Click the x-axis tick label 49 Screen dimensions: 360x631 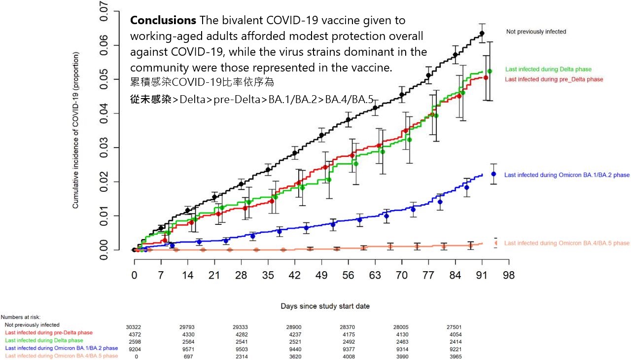click(321, 275)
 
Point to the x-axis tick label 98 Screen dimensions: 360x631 click(508, 275)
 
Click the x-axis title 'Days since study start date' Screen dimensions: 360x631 click(325, 306)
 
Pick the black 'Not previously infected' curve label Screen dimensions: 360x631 click(536, 32)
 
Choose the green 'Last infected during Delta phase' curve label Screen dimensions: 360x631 click(548, 70)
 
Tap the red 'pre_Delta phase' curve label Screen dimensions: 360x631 click(554, 79)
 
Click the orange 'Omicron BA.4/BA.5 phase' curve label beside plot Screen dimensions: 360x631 click(567, 243)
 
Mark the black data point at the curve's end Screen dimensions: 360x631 click(482, 33)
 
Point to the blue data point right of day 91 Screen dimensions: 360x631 click(493, 174)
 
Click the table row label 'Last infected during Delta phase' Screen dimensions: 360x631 click(44, 340)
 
